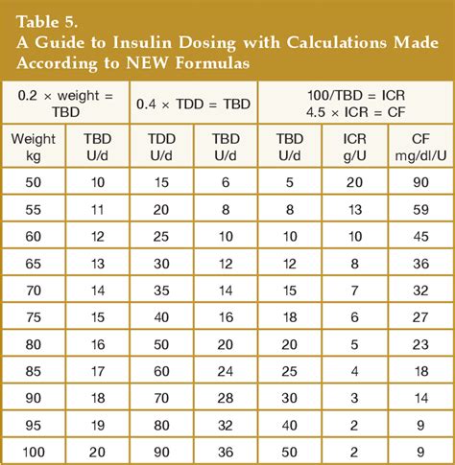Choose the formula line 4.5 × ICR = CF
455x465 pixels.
coord(354,111)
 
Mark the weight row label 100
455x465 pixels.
coord(34,453)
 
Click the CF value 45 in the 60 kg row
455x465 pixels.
coord(420,235)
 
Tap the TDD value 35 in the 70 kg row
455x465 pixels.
coord(162,289)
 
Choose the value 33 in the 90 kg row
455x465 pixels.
coord(290,398)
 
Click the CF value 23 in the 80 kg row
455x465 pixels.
coord(420,343)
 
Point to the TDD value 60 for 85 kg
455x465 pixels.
coord(162,370)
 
